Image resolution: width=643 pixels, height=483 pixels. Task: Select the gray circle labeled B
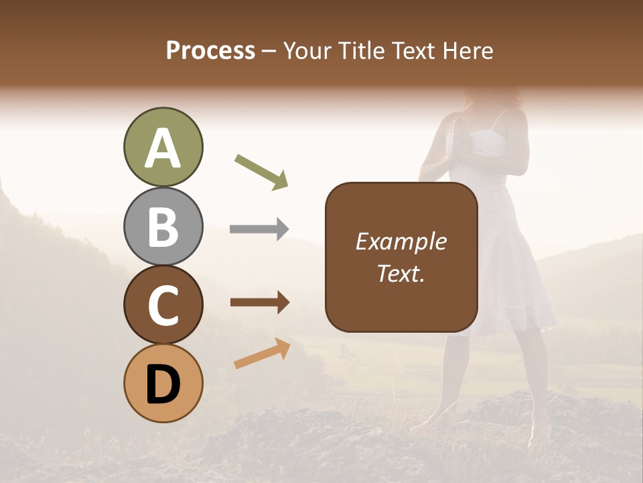163,226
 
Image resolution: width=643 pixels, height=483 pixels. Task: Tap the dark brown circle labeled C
163,305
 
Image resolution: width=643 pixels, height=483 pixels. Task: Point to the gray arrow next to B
259,229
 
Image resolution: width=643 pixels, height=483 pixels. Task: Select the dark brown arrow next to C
260,303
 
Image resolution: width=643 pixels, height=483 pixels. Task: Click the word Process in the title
210,51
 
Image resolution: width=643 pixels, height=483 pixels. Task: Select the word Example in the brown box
401,241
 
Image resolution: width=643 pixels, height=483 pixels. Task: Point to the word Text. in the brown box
401,273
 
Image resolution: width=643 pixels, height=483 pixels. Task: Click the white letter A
163,148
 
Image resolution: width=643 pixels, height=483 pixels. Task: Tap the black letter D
163,384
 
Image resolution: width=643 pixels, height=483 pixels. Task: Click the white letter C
163,305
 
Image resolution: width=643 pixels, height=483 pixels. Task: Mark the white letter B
163,226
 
